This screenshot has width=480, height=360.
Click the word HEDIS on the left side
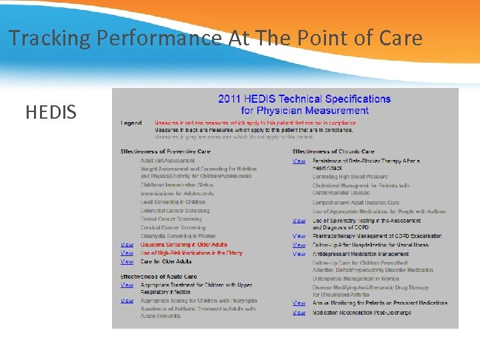tap(51, 112)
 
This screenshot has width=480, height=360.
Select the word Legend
tap(131, 123)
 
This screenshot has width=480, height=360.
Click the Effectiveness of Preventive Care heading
tap(165, 151)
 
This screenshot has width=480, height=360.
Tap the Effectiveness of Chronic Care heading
tap(333, 151)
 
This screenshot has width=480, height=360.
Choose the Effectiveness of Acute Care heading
tap(159, 277)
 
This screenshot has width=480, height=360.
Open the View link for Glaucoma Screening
tap(127, 245)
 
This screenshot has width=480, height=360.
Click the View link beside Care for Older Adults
tap(127, 261)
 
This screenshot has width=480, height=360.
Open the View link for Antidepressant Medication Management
tap(299, 254)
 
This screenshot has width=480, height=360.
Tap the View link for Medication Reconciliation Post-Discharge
tap(299, 313)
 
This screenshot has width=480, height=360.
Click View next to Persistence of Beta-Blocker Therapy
tap(299, 161)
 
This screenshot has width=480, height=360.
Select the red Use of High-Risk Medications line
tap(191, 253)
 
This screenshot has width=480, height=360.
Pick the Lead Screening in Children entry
tap(173, 202)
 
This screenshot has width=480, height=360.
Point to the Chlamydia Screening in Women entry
tap(178, 236)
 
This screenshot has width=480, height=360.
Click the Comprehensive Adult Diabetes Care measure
tap(356, 203)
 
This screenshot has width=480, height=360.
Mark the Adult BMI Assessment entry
tap(167, 161)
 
